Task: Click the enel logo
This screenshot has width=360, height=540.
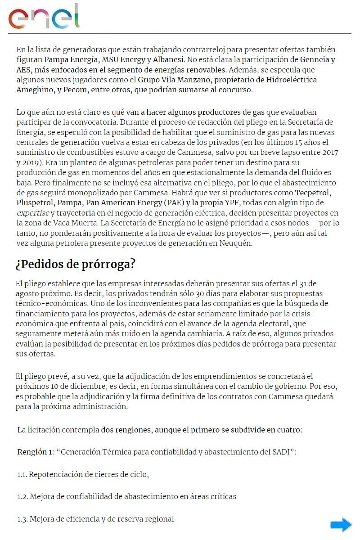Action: coord(44,17)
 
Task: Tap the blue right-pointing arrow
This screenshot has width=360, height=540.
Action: coord(341,525)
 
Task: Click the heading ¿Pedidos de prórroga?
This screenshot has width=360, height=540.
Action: coord(75,264)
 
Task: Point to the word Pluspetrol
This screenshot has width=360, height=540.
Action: coord(34,203)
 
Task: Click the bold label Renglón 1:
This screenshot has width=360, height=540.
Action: coord(36,451)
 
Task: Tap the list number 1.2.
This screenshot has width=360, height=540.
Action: coord(22,496)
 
